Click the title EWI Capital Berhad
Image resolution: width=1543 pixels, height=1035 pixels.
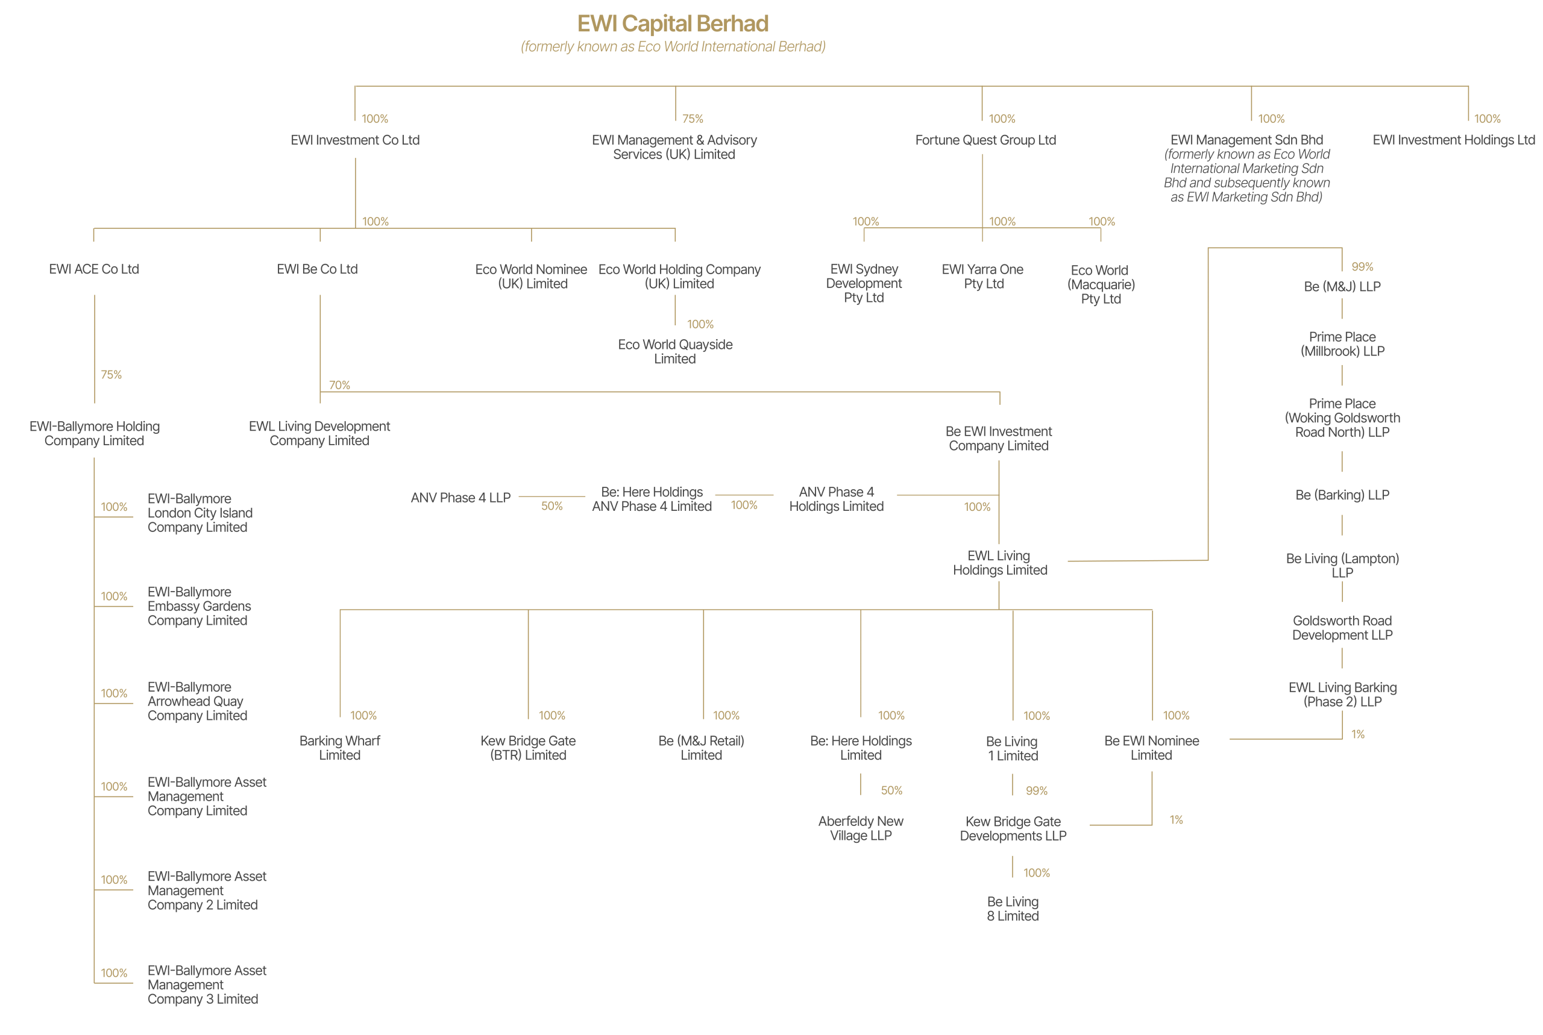(673, 23)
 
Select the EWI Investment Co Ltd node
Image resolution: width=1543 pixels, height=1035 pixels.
(355, 140)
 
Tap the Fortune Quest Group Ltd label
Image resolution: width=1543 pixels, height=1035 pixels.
(985, 140)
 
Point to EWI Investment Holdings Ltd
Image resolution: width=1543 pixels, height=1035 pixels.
(1453, 140)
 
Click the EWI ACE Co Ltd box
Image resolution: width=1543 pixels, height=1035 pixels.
(94, 269)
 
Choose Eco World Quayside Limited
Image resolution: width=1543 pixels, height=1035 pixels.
(675, 352)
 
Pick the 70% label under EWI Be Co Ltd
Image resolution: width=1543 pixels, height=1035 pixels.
(339, 385)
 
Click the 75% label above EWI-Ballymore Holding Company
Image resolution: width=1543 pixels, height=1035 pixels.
(111, 375)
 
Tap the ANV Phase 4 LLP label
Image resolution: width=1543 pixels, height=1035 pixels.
(460, 498)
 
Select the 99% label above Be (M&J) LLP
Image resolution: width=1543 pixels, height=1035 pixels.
(1362, 267)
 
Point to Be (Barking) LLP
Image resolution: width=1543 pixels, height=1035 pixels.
(1342, 495)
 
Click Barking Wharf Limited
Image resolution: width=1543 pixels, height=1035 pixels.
(339, 748)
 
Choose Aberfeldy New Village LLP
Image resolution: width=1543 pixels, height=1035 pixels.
(860, 828)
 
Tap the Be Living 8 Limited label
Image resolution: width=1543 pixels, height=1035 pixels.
(1012, 909)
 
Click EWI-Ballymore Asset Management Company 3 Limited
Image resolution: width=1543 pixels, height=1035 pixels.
(206, 985)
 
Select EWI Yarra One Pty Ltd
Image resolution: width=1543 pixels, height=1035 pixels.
(982, 277)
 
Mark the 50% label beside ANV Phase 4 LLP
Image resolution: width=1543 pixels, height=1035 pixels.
(552, 506)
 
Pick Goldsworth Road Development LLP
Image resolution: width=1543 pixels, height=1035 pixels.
(1342, 628)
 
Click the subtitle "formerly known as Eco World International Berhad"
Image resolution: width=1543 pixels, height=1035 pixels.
(673, 47)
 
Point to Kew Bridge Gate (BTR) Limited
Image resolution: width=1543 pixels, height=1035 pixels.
(527, 748)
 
